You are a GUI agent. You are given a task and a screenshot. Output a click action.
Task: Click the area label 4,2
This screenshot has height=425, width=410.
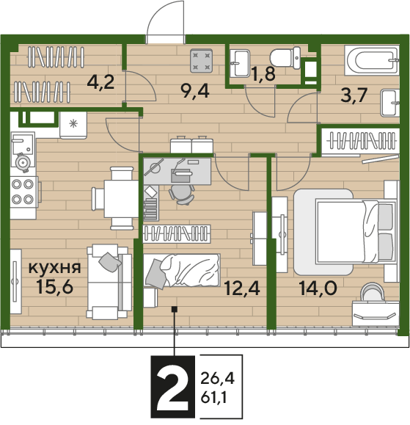tap(100, 82)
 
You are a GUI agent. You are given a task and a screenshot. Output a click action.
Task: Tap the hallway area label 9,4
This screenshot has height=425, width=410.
tap(195, 91)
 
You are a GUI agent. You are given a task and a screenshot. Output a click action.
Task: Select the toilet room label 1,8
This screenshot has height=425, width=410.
tap(263, 73)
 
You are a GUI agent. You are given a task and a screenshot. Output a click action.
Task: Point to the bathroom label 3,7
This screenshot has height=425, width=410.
tap(354, 95)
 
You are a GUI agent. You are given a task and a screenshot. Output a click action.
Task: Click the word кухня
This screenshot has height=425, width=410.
tap(55, 267)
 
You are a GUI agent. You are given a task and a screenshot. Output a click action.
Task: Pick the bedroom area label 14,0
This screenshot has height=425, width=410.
tap(318, 288)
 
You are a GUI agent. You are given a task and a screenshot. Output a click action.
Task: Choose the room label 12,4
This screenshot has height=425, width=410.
tap(242, 288)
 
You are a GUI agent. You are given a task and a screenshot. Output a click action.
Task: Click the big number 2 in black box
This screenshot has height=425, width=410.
tap(172, 387)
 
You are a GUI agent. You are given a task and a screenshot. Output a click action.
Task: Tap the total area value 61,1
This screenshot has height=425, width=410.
tap(213, 398)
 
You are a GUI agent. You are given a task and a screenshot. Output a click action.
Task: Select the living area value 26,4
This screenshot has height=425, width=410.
tap(217, 378)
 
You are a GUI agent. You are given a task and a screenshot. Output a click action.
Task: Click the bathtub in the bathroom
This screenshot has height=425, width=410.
tap(372, 60)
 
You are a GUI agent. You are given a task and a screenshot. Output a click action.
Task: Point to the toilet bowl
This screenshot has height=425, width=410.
tap(285, 58)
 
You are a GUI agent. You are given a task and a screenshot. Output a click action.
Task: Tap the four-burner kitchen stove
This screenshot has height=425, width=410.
tap(24, 192)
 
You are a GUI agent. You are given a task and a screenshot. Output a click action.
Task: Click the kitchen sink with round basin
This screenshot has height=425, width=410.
tap(23, 150)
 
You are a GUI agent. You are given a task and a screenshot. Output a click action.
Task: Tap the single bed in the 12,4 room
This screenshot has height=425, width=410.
tap(181, 271)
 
